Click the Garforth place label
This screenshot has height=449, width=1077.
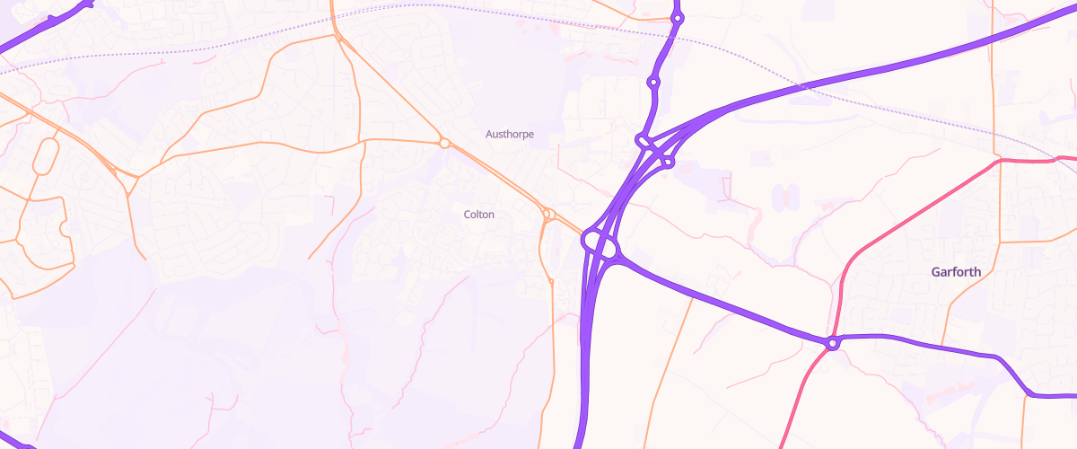coord(956,272)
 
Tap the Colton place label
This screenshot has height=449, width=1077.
coord(478,215)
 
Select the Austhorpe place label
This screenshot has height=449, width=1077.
coord(509,135)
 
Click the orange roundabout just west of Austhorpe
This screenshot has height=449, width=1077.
coord(443,143)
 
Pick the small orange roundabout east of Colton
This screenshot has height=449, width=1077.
coord(547,214)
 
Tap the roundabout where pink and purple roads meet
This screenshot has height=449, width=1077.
coord(833,343)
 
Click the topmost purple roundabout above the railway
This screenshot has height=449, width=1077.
coord(678,18)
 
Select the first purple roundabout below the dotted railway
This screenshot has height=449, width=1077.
coord(653,83)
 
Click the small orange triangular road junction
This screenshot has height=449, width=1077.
coord(133,175)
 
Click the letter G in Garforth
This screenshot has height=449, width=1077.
coord(936,272)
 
